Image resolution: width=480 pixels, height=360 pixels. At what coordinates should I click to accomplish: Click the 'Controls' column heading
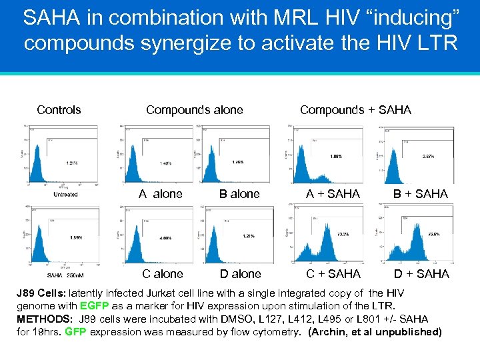point(59,110)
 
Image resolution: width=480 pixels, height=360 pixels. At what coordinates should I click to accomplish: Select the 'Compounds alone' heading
point(195,110)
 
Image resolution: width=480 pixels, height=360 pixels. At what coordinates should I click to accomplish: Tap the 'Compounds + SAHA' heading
point(355,110)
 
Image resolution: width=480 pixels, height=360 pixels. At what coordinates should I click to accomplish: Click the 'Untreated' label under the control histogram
point(65,194)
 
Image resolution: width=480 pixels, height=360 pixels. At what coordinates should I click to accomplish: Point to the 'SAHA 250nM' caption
point(65,275)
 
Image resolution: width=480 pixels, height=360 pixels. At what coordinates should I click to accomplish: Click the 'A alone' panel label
point(160,194)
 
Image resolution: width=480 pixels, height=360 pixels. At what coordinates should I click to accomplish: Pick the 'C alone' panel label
point(162,274)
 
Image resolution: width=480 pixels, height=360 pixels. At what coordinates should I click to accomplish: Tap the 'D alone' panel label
point(241,274)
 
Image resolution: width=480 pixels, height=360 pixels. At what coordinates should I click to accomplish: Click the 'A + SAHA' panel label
point(333,194)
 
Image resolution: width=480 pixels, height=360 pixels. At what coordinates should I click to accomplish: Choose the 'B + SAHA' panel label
point(420,194)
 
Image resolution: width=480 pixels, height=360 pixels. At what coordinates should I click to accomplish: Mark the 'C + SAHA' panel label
point(333,274)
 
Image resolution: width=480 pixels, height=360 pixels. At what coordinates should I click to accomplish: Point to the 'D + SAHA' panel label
point(421,274)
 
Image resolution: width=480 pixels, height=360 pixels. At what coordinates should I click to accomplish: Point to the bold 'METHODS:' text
point(44,319)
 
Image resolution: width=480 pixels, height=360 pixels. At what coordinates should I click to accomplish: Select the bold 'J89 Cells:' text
point(41,293)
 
